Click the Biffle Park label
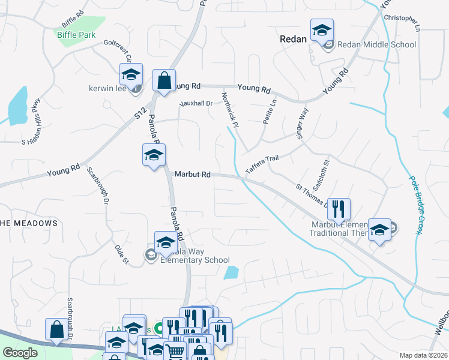coord(76,35)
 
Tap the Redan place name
coord(294,38)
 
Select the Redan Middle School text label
coord(376,44)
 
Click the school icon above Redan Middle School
coord(322,30)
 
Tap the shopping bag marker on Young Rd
coord(164,80)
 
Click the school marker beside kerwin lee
coord(131,75)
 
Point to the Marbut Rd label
coord(193,174)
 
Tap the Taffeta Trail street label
coord(262,163)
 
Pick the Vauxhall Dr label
coord(196,104)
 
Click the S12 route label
coord(140,110)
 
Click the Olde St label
coord(122,253)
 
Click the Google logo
coord(20,353)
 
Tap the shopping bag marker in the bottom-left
coord(56,330)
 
